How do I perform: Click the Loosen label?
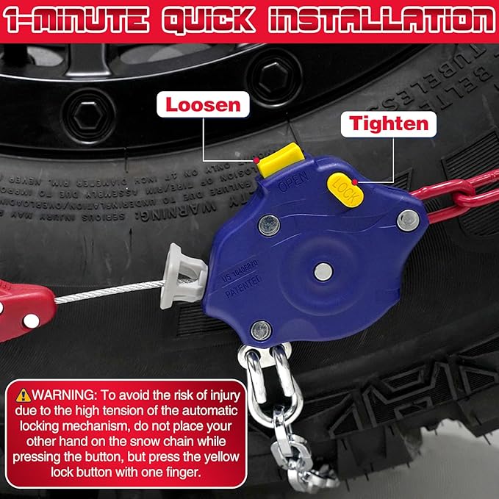pyautogui.click(x=203, y=104)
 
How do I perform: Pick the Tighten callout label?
pyautogui.click(x=388, y=123)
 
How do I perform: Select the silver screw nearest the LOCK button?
pyautogui.click(x=407, y=218)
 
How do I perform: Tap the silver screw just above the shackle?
pyautogui.click(x=261, y=331)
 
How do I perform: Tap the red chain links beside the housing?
pyautogui.click(x=456, y=195)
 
